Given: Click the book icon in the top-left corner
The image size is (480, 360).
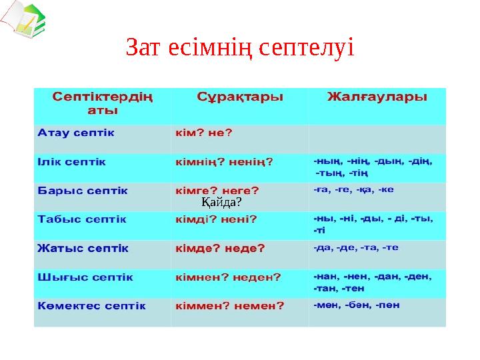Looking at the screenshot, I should [x=23, y=21].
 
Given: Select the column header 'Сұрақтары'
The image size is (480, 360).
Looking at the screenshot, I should [x=240, y=97].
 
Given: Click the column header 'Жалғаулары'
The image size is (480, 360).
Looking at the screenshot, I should [x=377, y=97].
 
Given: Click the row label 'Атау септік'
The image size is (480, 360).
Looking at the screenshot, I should [x=76, y=132].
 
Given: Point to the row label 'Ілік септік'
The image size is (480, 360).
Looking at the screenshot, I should [x=71, y=161].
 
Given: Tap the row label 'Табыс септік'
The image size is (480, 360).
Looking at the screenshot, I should [x=82, y=219].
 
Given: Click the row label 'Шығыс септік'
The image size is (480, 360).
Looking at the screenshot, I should [x=85, y=277].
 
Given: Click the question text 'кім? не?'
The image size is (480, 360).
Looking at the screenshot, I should [x=204, y=132].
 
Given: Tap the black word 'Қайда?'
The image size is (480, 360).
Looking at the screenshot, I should [x=221, y=201].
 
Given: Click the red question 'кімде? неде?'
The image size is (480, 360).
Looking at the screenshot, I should [x=220, y=248].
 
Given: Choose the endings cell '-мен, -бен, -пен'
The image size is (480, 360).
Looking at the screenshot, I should [x=357, y=305].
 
